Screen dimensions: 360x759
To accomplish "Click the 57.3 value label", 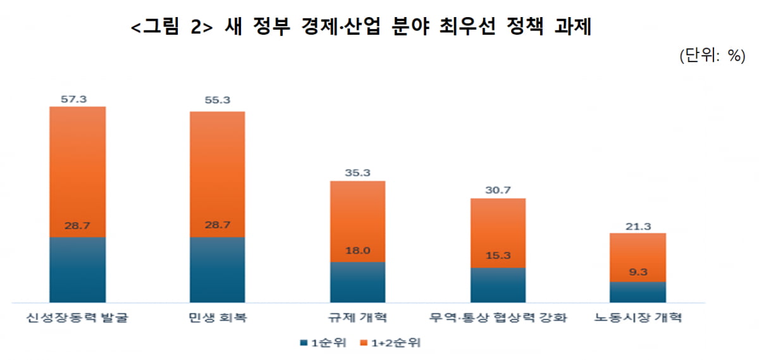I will click(x=78, y=99).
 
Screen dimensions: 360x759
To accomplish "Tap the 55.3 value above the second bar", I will click(x=218, y=99).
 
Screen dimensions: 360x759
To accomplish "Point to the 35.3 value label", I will click(x=358, y=172).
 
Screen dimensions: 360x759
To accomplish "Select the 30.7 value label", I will click(x=498, y=189).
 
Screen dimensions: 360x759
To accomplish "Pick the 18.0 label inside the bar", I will click(x=358, y=252).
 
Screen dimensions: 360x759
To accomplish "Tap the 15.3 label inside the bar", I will click(x=498, y=258).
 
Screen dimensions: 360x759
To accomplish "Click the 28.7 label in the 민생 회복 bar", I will click(x=218, y=225).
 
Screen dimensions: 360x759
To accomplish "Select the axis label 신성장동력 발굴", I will click(x=78, y=318).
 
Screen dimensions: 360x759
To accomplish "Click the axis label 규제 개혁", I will click(x=358, y=318).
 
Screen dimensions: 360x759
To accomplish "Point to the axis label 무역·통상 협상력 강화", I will click(x=498, y=318).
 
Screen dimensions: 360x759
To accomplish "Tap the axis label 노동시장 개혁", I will click(x=638, y=318).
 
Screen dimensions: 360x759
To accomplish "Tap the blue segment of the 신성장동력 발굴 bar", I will click(x=78, y=270).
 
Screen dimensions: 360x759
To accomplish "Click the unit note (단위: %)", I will click(x=710, y=55).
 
